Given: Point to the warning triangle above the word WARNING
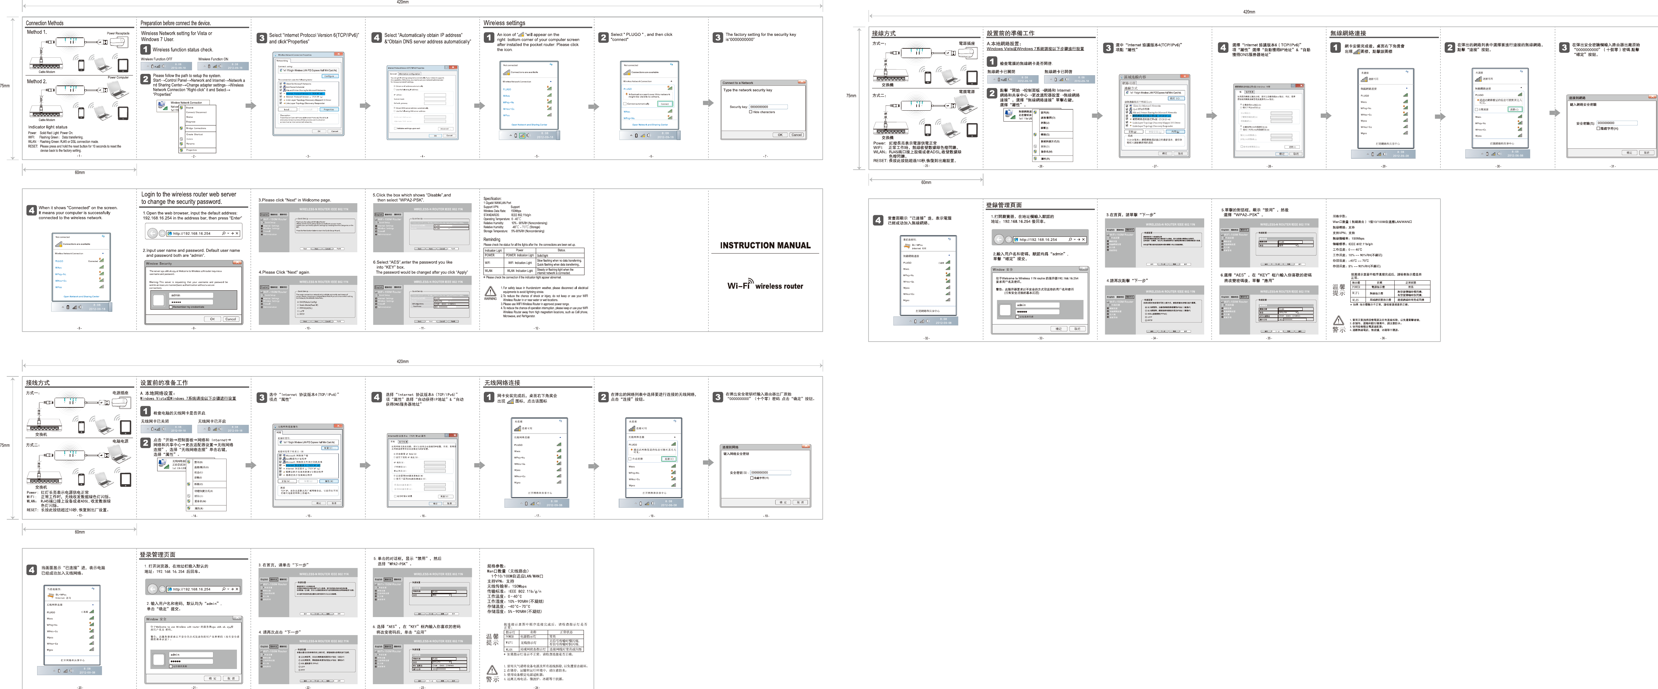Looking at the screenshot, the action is pyautogui.click(x=491, y=291).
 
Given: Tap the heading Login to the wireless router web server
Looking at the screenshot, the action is pyautogui.click(x=188, y=194).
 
